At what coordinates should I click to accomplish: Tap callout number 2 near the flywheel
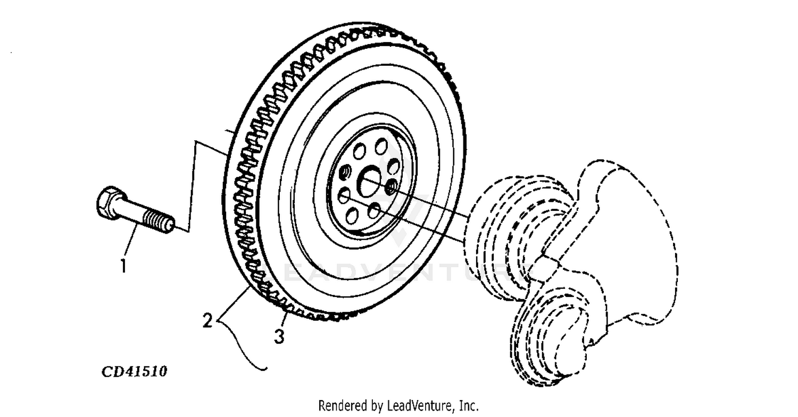click(208, 320)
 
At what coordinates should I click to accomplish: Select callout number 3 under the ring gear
click(279, 336)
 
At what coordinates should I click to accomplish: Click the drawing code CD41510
click(135, 371)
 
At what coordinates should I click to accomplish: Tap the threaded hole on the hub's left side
click(344, 172)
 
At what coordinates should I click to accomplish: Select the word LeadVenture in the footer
click(418, 406)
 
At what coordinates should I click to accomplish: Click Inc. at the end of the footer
click(469, 406)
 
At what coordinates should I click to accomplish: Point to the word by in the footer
click(376, 407)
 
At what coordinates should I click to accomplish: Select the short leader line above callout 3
click(285, 320)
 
